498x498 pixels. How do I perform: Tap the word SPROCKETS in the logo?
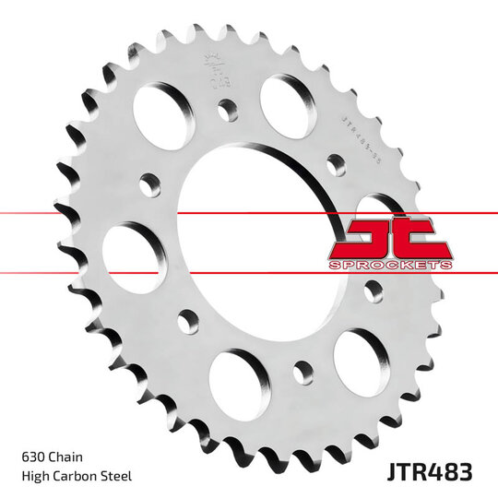click(x=390, y=265)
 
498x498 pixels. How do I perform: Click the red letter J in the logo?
click(x=362, y=238)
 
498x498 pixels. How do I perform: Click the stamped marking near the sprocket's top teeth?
click(x=218, y=68)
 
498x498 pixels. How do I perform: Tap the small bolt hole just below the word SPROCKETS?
click(x=373, y=290)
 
